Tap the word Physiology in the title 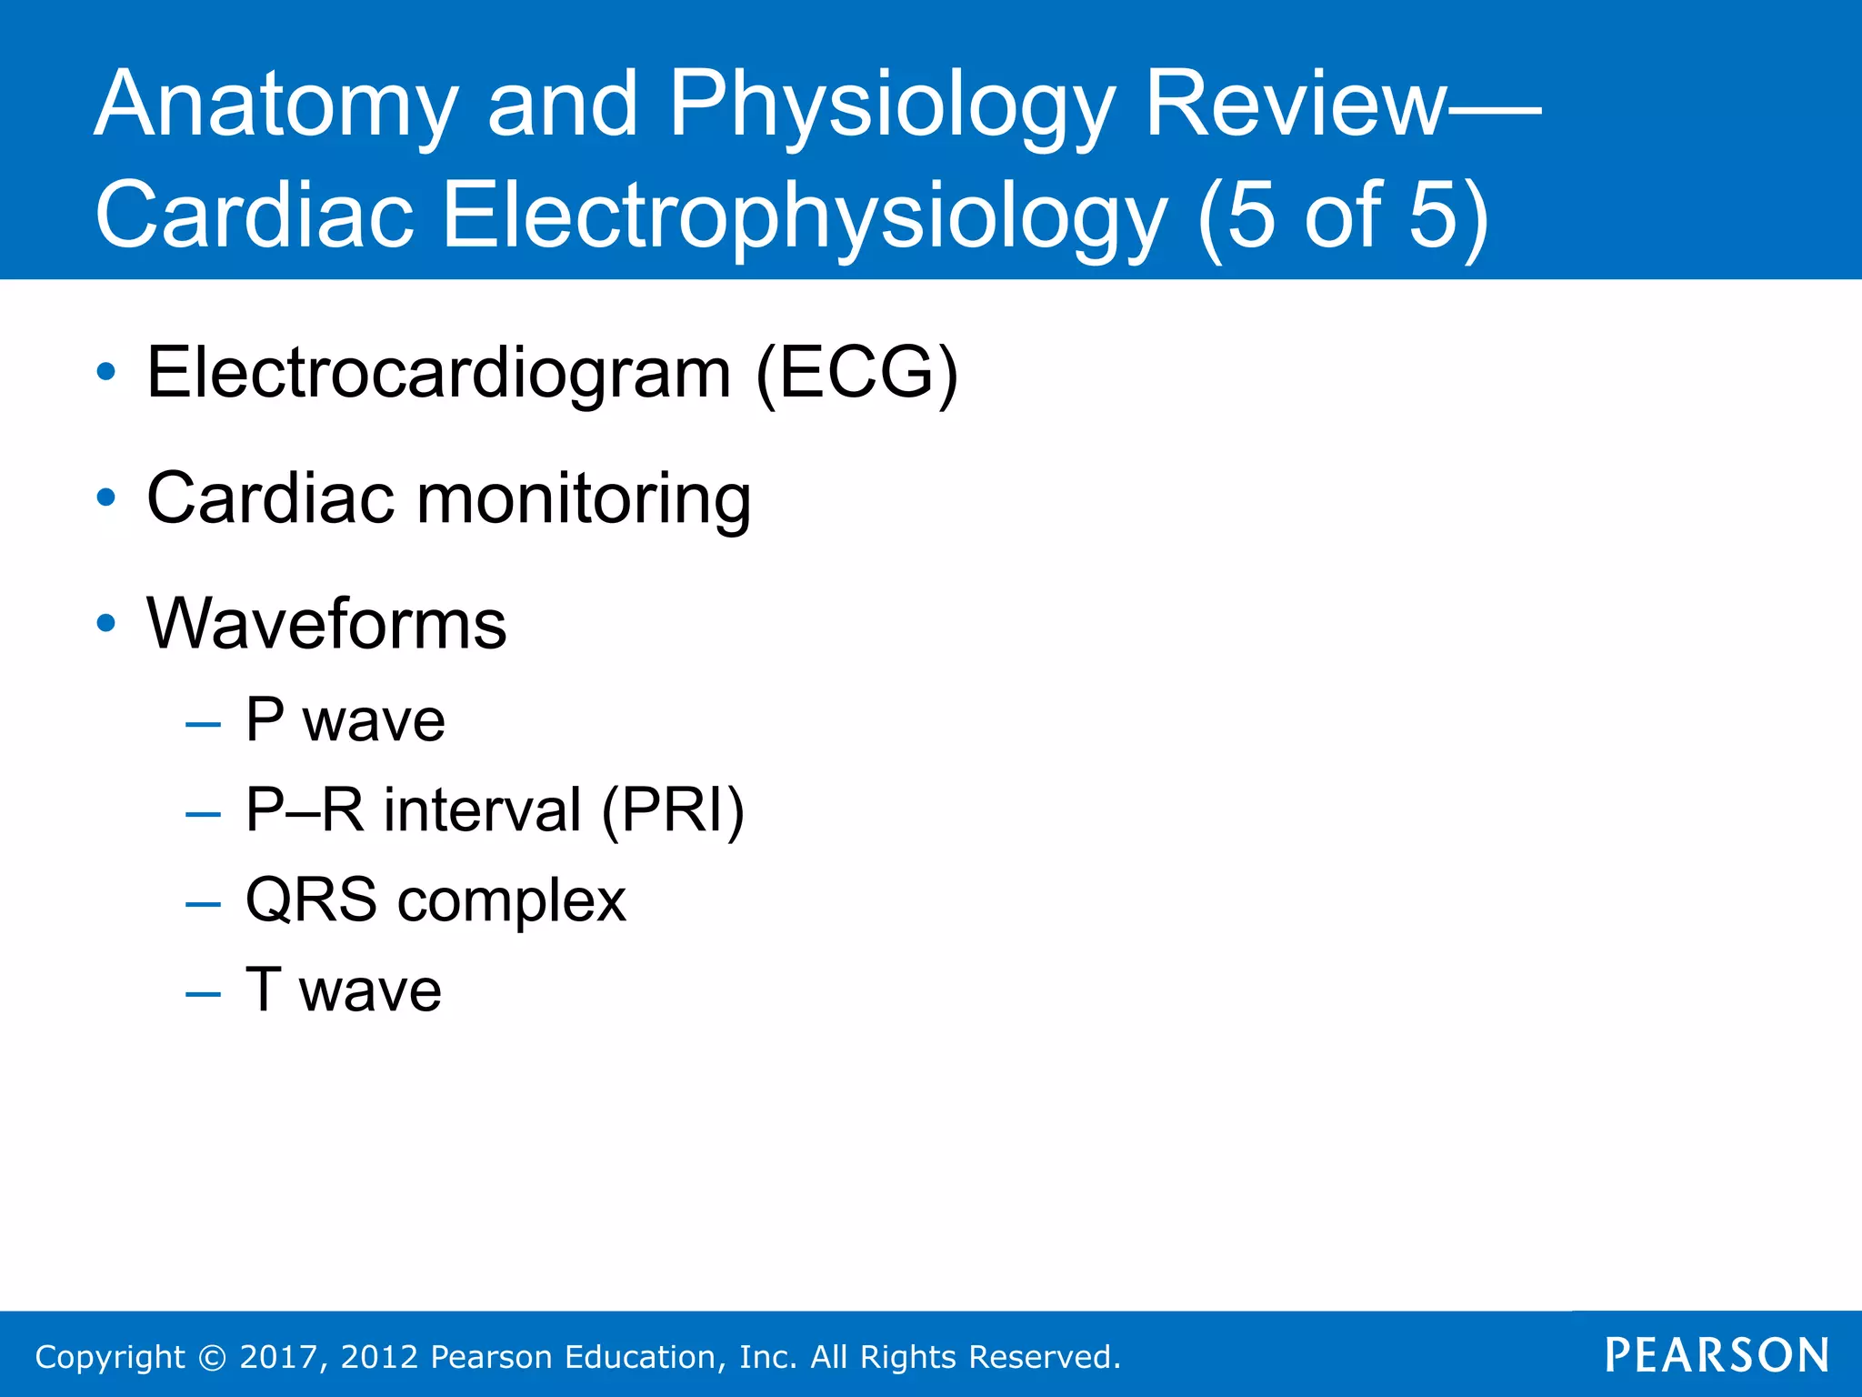[891, 106]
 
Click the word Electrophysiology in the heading [804, 216]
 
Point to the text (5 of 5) [1343, 216]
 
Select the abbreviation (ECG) [856, 373]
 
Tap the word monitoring [584, 500]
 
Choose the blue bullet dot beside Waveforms [106, 623]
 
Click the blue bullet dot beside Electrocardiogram [106, 372]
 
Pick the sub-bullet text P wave [345, 720]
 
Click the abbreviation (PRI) [673, 809]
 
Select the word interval [482, 809]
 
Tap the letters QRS [311, 900]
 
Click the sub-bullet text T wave [344, 990]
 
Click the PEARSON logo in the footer [1717, 1355]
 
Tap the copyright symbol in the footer [212, 1357]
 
